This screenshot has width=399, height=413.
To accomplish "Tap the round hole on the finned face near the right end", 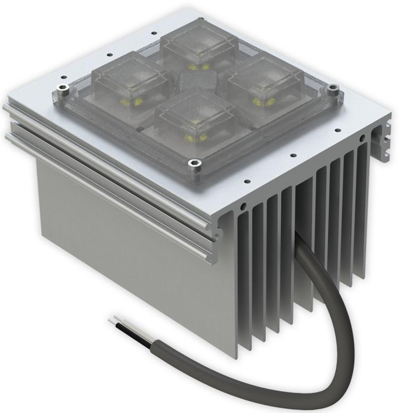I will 363,139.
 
